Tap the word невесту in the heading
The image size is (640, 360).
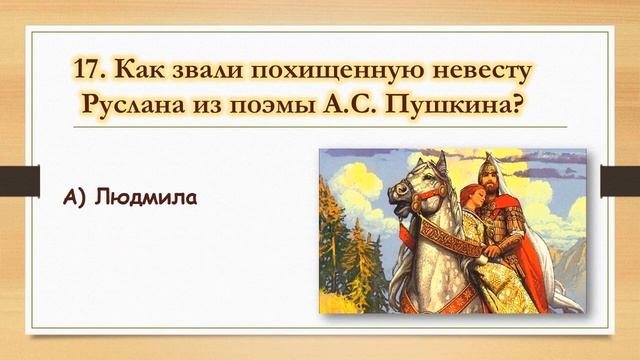(494, 71)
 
